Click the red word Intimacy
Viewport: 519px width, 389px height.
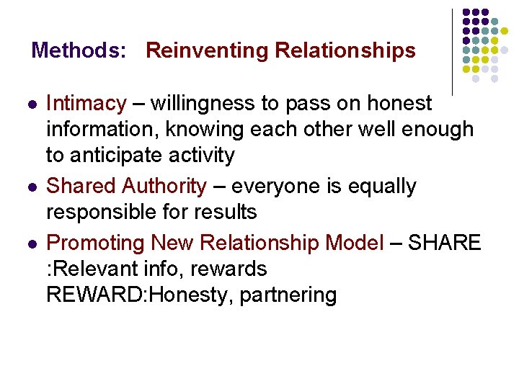[86, 104]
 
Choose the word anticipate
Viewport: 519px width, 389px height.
[115, 156]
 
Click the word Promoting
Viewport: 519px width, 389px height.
[94, 243]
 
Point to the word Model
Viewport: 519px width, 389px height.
[355, 243]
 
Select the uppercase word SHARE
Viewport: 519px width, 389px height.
[445, 243]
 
